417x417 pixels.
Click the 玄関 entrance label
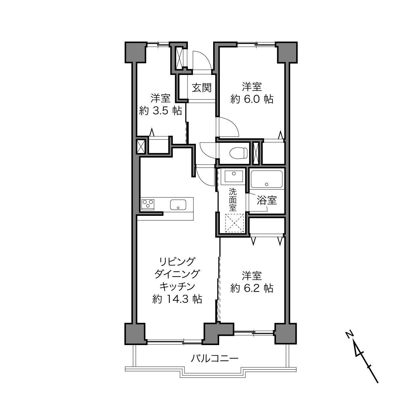point(202,88)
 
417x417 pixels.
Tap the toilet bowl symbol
point(238,153)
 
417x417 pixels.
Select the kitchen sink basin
point(178,205)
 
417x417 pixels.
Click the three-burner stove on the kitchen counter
point(148,205)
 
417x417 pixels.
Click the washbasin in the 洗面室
point(233,176)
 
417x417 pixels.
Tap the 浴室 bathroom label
point(267,200)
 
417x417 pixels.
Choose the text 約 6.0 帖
point(252,99)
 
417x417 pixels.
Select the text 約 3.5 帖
point(160,111)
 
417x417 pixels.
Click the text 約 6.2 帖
point(252,288)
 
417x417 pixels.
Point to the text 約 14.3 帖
point(177,299)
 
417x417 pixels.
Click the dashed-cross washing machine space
point(234,223)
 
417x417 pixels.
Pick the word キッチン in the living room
point(177,287)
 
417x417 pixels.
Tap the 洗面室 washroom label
point(233,200)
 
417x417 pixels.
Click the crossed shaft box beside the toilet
point(256,153)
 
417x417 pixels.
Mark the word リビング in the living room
point(177,262)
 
